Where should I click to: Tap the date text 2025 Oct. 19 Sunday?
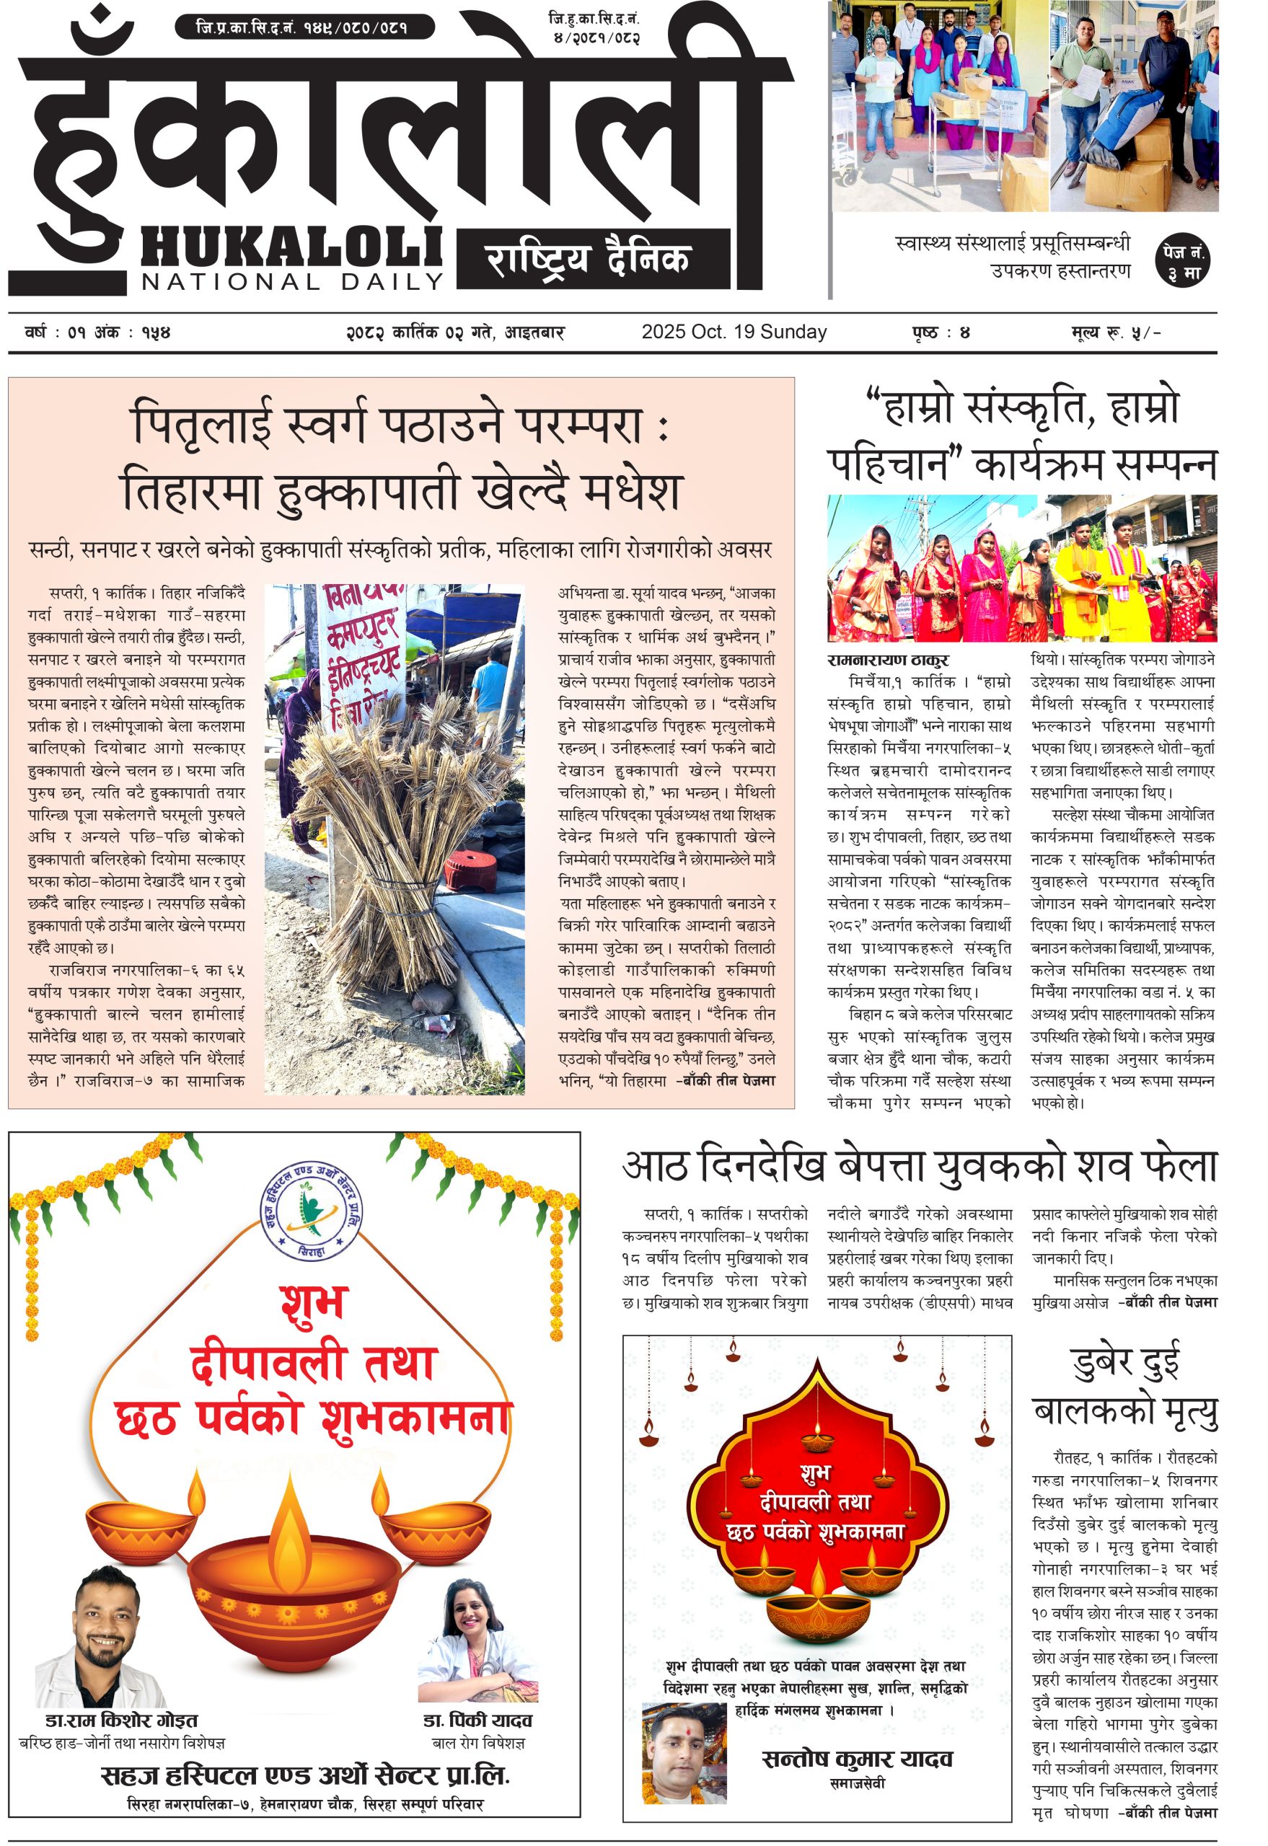pyautogui.click(x=734, y=332)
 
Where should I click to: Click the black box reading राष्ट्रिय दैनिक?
pyautogui.click(x=593, y=259)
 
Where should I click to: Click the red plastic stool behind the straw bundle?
pyautogui.click(x=469, y=870)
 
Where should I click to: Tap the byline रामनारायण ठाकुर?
pyautogui.click(x=887, y=660)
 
